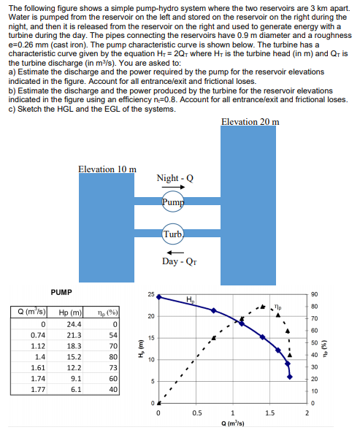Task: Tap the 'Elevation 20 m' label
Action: [249, 121]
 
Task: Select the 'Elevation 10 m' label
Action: [107, 169]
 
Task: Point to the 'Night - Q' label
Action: [175, 178]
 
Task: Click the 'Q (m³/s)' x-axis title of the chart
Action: [233, 423]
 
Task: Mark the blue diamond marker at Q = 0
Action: [160, 297]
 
